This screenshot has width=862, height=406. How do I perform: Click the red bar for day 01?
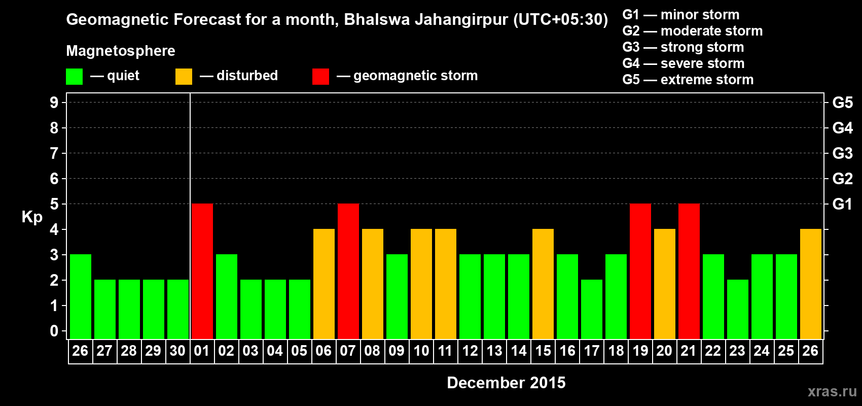click(202, 271)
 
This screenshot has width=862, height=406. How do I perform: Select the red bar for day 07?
click(348, 271)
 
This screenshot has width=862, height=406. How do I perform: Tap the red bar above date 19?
click(640, 271)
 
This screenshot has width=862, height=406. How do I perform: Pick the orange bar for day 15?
click(543, 284)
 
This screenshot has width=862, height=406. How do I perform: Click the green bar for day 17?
click(592, 309)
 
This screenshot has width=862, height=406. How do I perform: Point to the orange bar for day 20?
click(665, 284)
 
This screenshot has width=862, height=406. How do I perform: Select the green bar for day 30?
click(178, 309)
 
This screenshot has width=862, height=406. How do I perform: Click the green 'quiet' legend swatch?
click(75, 77)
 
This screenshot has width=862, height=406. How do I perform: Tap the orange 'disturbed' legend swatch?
click(184, 77)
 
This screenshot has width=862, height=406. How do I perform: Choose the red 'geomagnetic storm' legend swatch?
click(320, 77)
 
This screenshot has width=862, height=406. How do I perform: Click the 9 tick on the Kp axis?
click(54, 103)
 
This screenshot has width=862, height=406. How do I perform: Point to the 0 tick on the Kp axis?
click(54, 331)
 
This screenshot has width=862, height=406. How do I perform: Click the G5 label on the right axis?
click(842, 103)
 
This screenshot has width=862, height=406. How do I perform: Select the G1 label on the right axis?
click(842, 204)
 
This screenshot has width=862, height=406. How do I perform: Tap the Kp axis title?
click(32, 217)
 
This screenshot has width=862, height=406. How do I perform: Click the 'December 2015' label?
click(506, 383)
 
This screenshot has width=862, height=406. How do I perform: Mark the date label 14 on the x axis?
click(519, 351)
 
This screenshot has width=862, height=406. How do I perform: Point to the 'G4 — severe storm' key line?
click(684, 63)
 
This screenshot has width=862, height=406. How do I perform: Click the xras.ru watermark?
click(832, 391)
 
